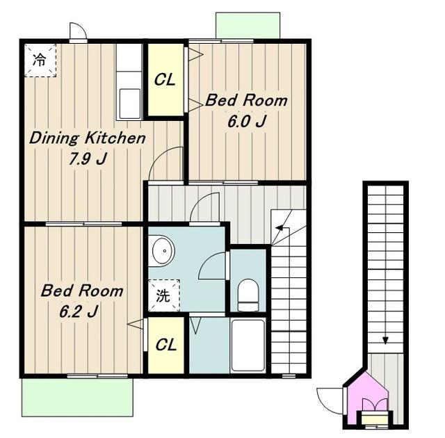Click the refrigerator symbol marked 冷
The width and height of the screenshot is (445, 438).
pos(40,60)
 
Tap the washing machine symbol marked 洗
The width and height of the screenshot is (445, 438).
pos(164,295)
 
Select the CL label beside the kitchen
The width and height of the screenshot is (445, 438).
pos(165,80)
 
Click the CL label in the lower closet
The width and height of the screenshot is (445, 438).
pos(166,345)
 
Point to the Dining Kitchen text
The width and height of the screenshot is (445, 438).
pos(88,138)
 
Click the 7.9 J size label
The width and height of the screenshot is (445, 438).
pos(88,159)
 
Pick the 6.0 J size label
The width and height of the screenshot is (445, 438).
pos(247,122)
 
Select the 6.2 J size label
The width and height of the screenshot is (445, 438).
pos(79,311)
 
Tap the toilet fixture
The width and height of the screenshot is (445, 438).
pos(248,295)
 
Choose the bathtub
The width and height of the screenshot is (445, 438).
pos(248,346)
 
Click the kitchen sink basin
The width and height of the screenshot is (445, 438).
pos(130,104)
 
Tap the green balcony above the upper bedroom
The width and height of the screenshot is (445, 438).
pos(248,25)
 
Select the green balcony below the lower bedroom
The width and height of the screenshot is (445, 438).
pos(77,397)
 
